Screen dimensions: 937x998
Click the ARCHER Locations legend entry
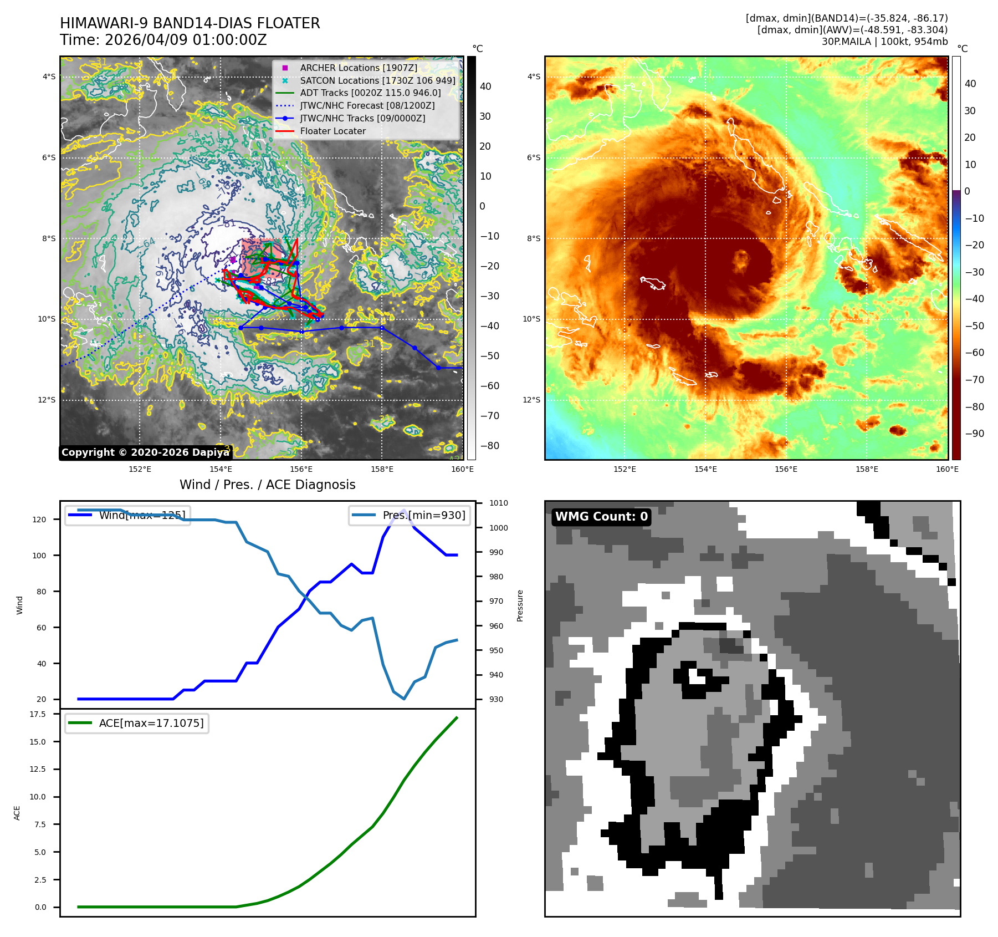[359, 68]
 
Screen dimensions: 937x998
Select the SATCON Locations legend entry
[377, 80]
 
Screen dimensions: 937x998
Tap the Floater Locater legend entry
[332, 131]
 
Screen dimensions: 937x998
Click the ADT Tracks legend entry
[370, 93]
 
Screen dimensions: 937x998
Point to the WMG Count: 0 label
[601, 517]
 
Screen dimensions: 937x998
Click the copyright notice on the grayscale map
[145, 452]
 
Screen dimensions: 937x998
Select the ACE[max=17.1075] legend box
[137, 723]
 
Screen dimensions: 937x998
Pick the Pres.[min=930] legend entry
[410, 515]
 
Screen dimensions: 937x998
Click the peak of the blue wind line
[403, 510]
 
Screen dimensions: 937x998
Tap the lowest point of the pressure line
[404, 699]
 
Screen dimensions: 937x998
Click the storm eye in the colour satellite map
[741, 258]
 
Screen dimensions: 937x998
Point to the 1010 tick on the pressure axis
[498, 503]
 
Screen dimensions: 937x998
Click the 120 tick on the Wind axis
[39, 520]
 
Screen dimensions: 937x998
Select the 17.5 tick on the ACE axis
[38, 714]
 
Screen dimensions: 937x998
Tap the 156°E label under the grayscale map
[301, 469]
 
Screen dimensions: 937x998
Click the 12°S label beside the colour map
[531, 400]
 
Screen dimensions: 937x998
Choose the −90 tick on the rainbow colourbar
[974, 434]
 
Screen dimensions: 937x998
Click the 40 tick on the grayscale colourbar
[485, 86]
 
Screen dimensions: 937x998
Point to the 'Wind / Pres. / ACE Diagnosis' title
[267, 485]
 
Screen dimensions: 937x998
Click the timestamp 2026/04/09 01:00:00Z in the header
[185, 40]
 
